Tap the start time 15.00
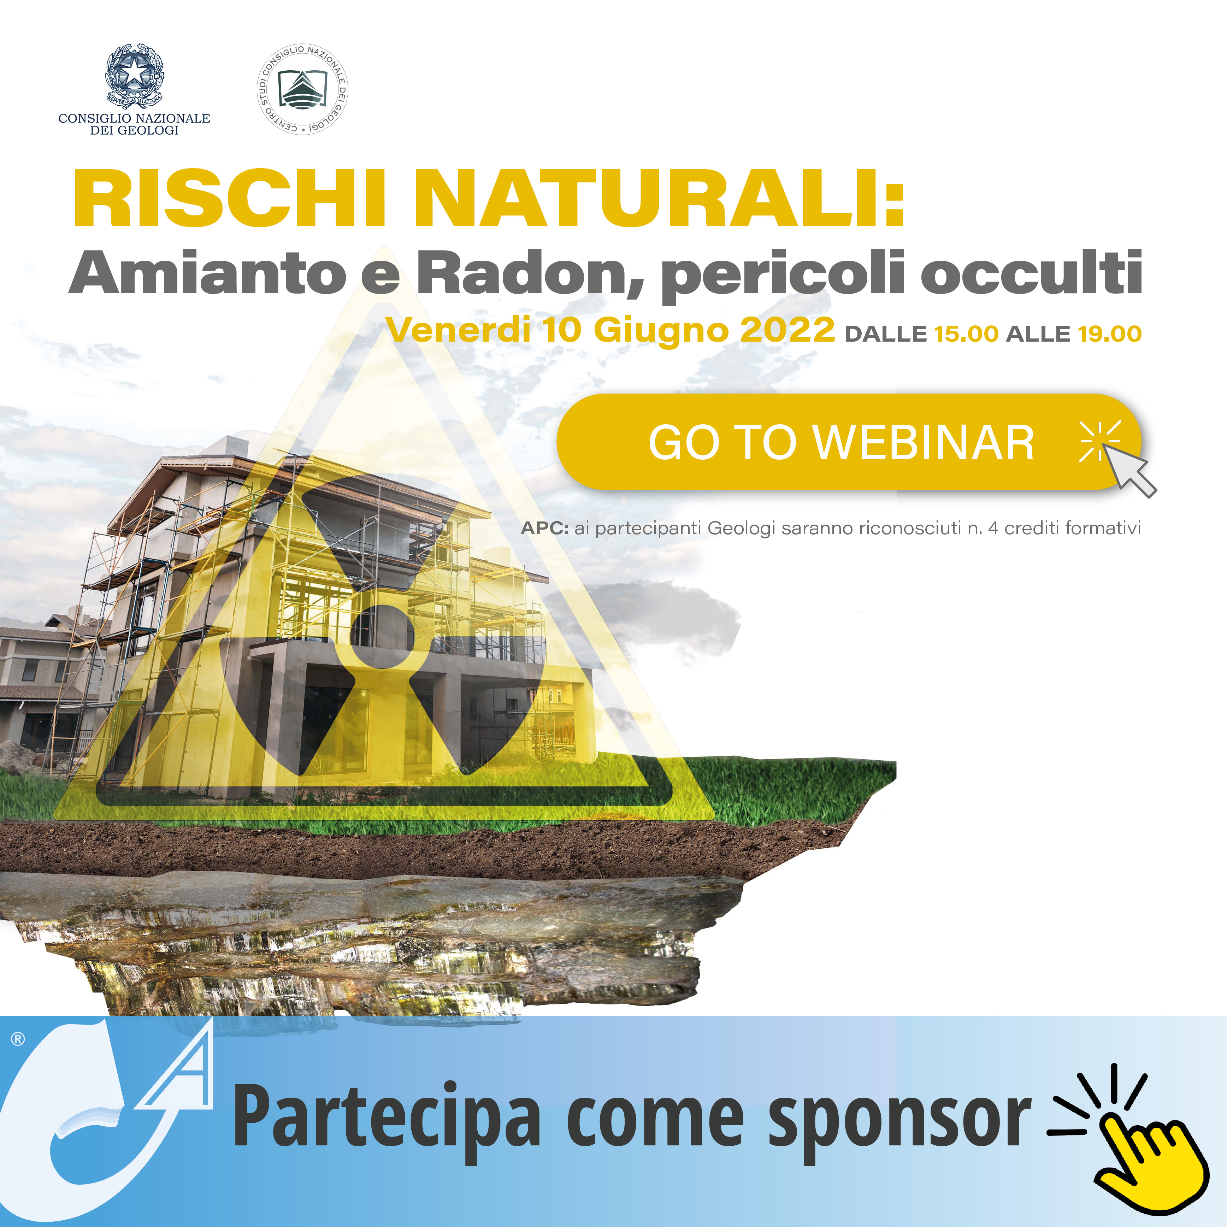[x=966, y=334]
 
